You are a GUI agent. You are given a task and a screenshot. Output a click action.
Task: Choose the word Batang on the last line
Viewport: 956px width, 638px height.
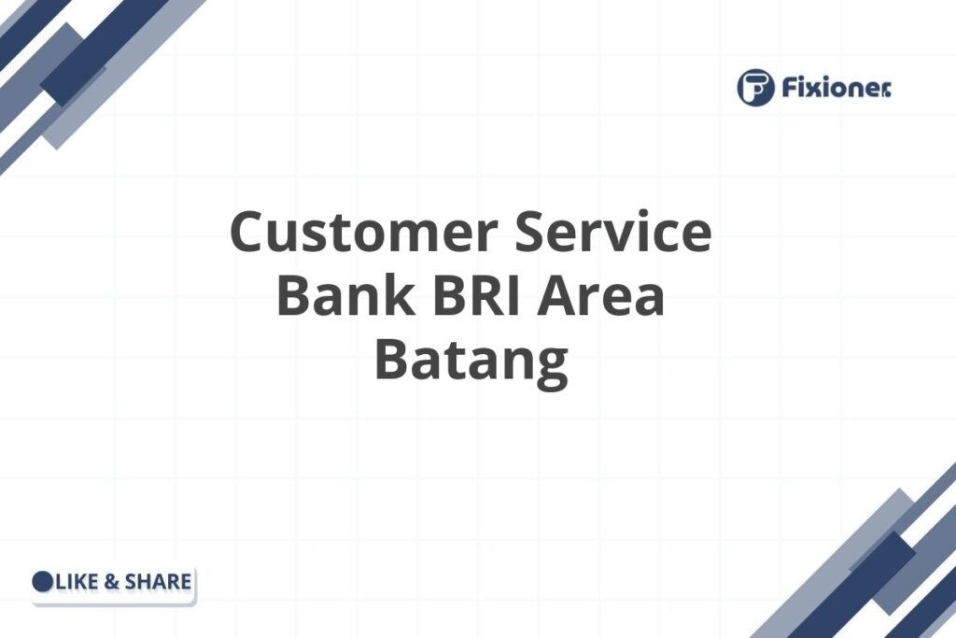[x=471, y=361]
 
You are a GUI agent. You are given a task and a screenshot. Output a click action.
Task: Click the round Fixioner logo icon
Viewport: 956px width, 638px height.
[x=755, y=88]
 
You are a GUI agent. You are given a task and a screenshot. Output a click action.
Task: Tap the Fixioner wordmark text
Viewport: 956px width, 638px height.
[x=825, y=88]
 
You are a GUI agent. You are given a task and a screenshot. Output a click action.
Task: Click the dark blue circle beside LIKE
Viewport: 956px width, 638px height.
[x=43, y=582]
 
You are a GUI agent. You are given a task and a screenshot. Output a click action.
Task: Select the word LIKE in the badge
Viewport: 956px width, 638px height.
[x=76, y=582]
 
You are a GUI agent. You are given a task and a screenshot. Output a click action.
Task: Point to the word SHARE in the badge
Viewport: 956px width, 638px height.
[x=158, y=582]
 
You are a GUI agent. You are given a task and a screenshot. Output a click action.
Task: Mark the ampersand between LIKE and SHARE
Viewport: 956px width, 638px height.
[x=110, y=582]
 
